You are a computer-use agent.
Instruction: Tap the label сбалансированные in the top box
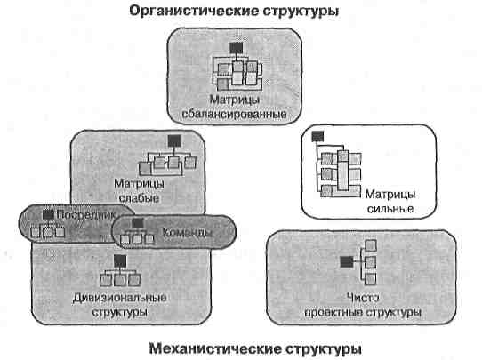point(234,114)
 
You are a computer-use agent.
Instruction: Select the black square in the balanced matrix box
point(236,48)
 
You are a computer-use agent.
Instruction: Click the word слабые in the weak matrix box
point(139,198)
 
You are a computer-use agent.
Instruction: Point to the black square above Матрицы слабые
point(174,141)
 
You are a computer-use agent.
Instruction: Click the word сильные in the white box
point(390,209)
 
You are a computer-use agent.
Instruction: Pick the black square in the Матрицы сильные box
point(317,136)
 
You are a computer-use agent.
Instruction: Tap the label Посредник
point(86,215)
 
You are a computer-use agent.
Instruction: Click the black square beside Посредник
point(48,215)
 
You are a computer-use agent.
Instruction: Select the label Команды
point(187,232)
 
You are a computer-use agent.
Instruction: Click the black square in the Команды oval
point(138,223)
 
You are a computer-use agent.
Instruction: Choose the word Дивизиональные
point(119,298)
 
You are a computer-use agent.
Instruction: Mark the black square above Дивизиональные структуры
point(120,260)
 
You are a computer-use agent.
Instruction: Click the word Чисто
point(363,298)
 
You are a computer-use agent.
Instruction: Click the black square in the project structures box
point(347,262)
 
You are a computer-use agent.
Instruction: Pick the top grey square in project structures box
point(371,245)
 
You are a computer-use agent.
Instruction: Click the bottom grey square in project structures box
point(371,279)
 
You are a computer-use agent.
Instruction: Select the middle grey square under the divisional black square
point(120,280)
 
